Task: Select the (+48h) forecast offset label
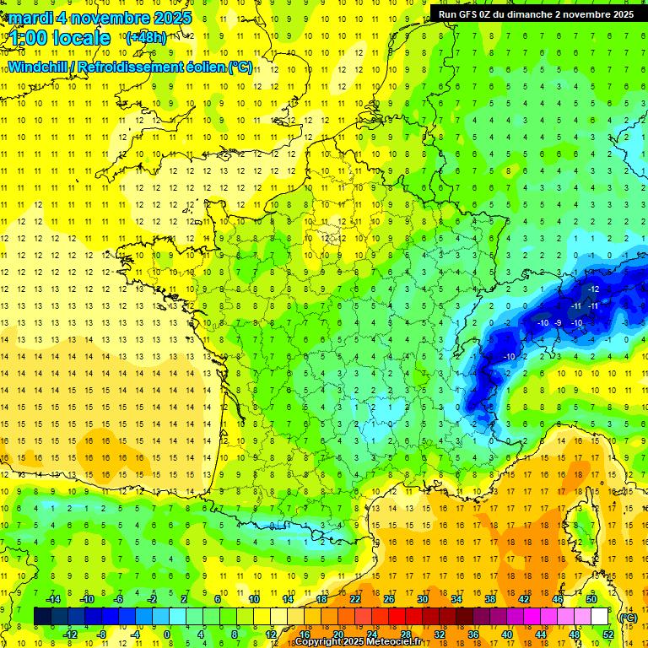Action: point(145,38)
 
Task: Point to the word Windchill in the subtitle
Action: point(38,67)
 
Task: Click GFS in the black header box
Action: point(467,14)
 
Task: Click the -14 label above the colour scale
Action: point(53,599)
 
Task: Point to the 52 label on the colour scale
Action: point(608,634)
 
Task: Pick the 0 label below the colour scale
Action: point(166,634)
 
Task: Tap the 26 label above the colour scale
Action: point(388,599)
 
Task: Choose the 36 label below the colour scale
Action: point(473,634)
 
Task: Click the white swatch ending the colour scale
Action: point(599,616)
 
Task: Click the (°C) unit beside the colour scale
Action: point(627,617)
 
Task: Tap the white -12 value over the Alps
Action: point(594,289)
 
